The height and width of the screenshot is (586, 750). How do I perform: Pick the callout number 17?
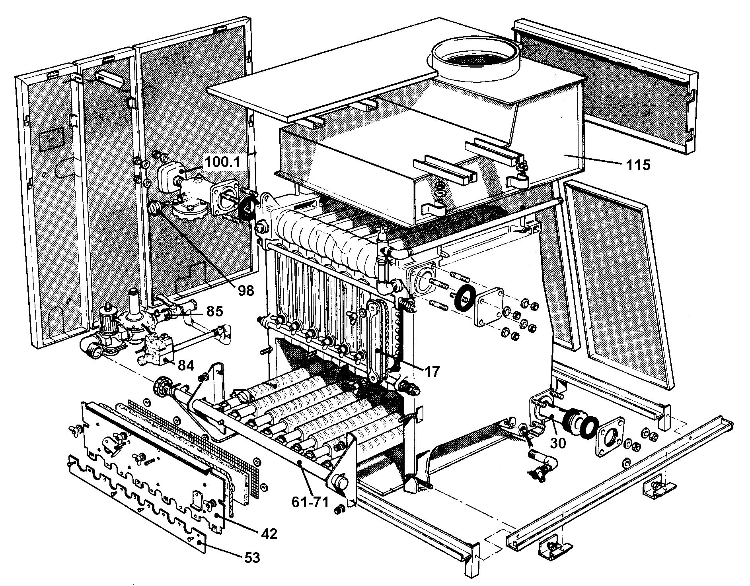(431, 372)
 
